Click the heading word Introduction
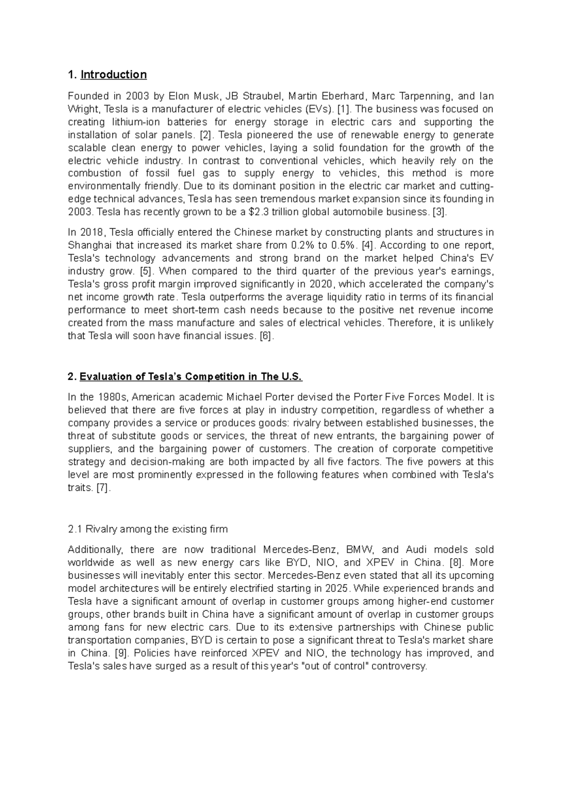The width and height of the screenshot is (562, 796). click(x=113, y=75)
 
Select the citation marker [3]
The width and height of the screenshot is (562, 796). click(x=440, y=212)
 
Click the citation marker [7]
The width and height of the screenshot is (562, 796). click(x=103, y=488)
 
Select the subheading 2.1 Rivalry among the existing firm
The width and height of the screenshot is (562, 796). click(x=148, y=529)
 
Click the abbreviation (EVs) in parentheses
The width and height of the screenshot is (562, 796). click(x=317, y=109)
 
